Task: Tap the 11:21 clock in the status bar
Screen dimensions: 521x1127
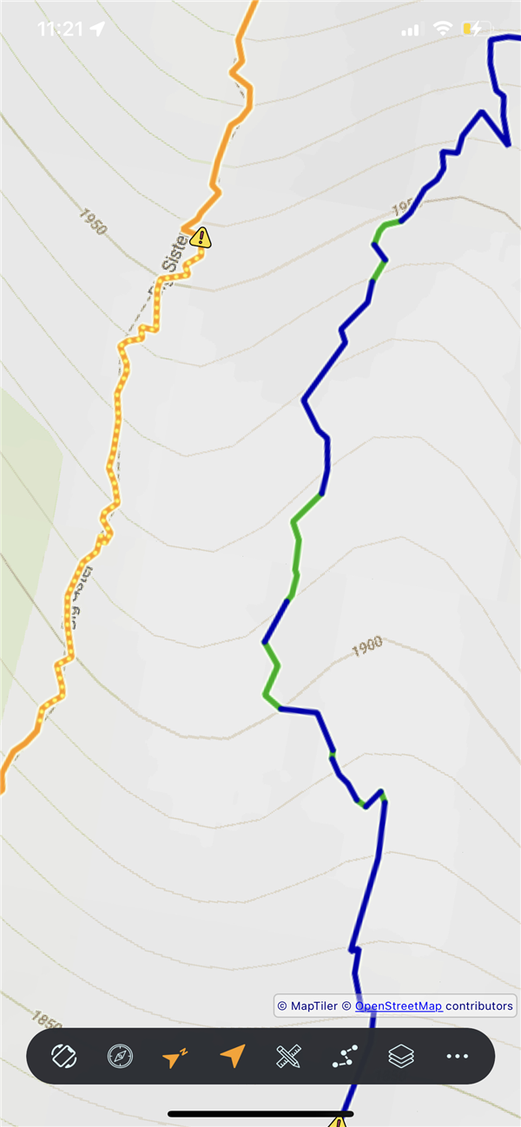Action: coord(60,29)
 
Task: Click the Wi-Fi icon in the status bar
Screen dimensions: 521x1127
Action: coord(443,29)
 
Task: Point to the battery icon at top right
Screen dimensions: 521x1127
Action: coord(477,29)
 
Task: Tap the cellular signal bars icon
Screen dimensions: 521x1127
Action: coord(410,30)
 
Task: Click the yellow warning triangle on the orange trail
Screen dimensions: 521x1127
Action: coord(201,236)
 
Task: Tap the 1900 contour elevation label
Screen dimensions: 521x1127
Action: coord(367,645)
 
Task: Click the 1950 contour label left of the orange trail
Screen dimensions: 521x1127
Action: coord(92,221)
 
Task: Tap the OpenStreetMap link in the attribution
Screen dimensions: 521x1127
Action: coord(399,1006)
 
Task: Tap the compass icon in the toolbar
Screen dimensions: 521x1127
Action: coord(120,1056)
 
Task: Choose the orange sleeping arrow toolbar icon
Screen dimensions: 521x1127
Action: coord(175,1057)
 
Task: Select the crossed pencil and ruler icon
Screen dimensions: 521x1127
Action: coord(288,1056)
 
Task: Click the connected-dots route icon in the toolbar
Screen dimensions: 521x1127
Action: coord(345,1056)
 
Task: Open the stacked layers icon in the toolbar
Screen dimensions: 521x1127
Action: coord(401,1056)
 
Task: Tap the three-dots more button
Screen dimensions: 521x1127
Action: coord(458,1056)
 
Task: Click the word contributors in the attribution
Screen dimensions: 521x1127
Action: coord(478,1006)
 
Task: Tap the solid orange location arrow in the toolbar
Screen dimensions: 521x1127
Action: coord(232,1056)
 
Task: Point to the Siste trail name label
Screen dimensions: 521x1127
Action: coord(174,254)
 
